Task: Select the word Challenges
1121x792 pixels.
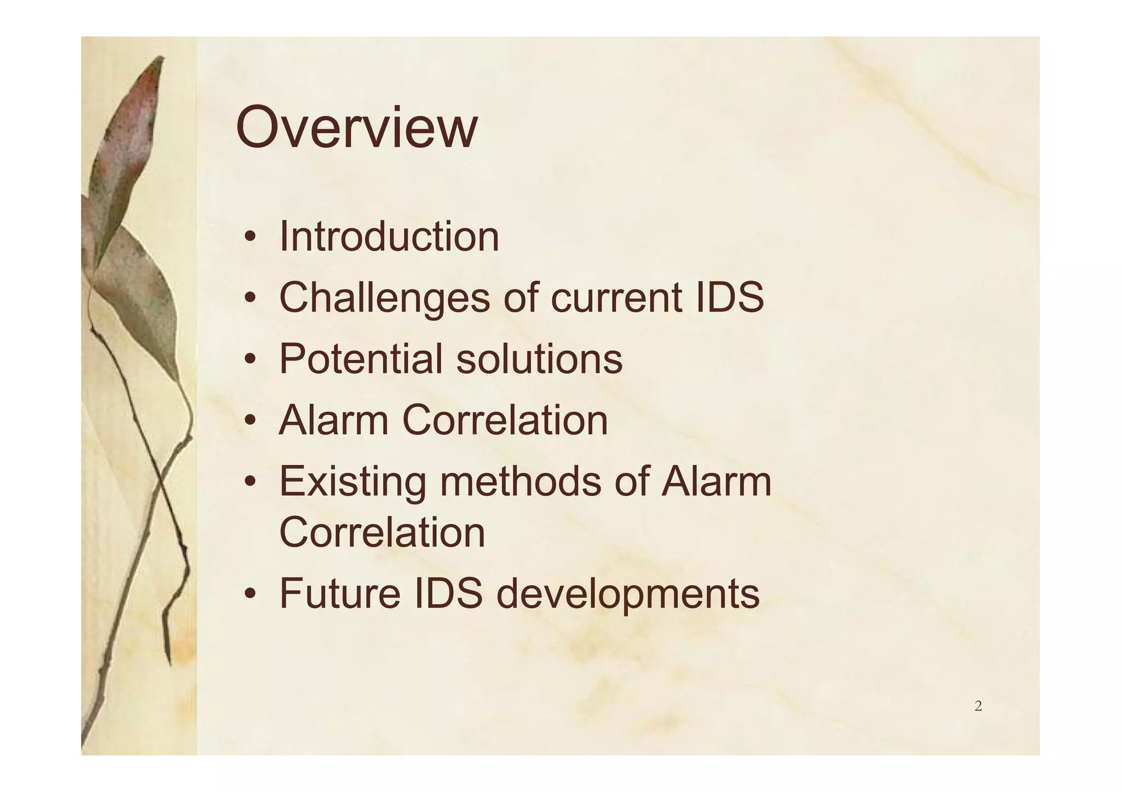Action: [x=384, y=298]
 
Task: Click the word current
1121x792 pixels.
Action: [x=616, y=298]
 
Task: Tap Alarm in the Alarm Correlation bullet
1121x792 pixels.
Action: [x=333, y=420]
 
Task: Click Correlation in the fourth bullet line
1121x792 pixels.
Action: [x=505, y=420]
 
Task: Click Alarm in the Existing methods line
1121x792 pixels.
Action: [x=716, y=482]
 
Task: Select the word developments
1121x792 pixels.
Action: [x=628, y=594]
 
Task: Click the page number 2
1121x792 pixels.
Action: [x=978, y=707]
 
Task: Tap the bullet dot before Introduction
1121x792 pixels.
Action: [x=250, y=238]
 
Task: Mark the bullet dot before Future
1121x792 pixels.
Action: [x=250, y=595]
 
